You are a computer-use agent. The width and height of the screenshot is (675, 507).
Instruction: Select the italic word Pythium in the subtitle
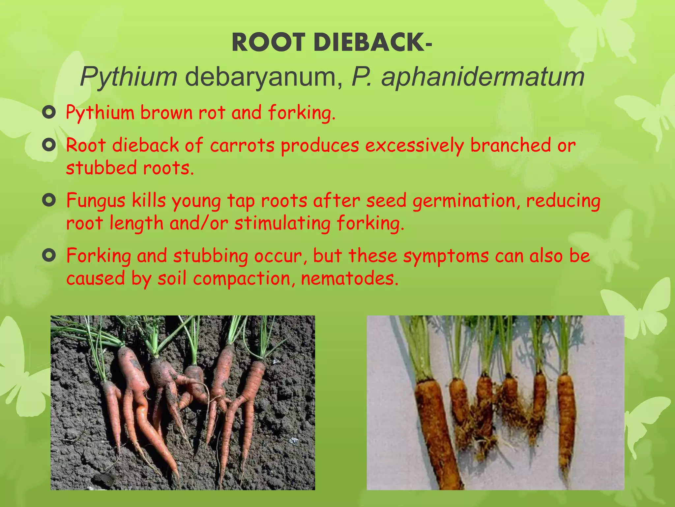coord(129,77)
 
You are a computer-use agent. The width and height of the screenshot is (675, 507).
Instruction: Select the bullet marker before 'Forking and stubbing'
coord(49,255)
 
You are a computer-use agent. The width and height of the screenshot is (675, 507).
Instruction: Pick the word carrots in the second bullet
coord(242,146)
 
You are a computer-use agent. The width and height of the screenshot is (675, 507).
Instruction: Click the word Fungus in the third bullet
coord(96,201)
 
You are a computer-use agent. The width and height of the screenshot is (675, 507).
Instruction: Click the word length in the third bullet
coord(136,223)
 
